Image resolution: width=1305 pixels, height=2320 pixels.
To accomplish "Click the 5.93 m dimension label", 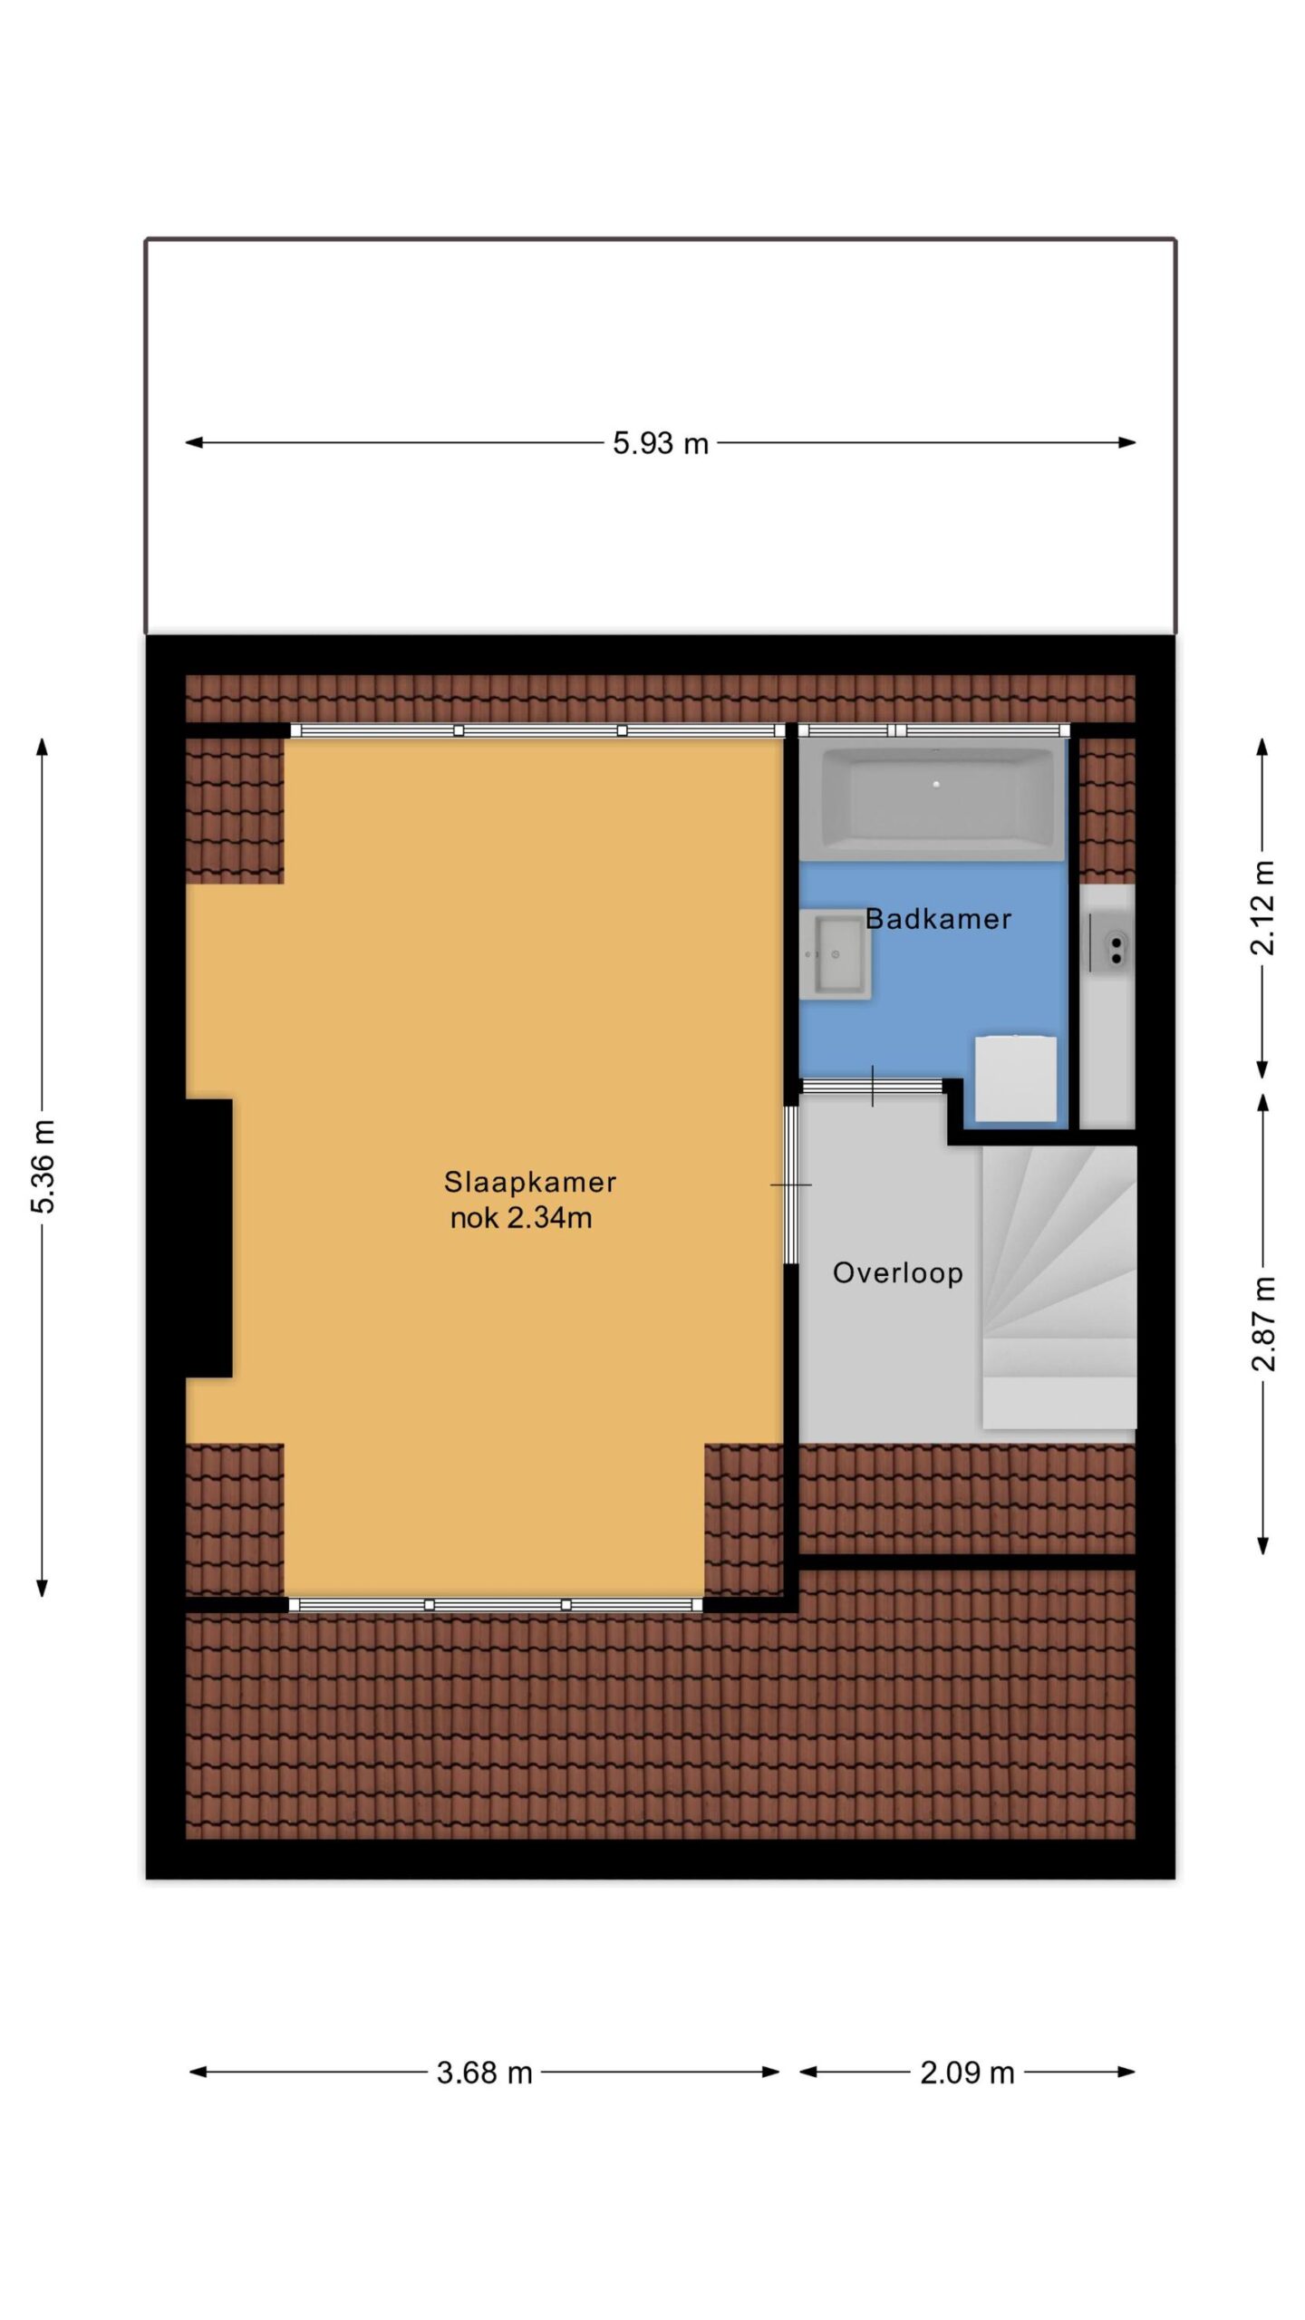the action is click(x=660, y=443).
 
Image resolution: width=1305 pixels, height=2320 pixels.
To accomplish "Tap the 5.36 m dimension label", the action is click(x=43, y=1166).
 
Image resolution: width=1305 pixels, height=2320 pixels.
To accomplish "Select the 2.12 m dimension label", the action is click(x=1262, y=908).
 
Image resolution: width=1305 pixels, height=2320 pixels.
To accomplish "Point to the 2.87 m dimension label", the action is click(x=1262, y=1323).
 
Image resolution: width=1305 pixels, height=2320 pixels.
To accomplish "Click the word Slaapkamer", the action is click(x=530, y=1182).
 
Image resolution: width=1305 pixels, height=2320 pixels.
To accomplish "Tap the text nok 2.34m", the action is click(x=521, y=1217).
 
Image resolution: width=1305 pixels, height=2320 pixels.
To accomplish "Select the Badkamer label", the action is click(x=938, y=919).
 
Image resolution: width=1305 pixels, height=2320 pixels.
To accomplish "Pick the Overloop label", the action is click(x=897, y=1273).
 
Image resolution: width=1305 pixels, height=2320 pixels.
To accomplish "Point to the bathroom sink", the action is click(x=836, y=954).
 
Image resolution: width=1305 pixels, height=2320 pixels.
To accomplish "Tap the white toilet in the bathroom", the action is click(x=1016, y=1078).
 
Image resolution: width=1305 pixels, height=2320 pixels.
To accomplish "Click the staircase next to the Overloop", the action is click(x=1058, y=1287).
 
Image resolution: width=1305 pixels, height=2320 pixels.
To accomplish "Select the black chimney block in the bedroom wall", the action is click(x=208, y=1238).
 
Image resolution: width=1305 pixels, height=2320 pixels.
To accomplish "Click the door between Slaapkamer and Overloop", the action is click(x=791, y=1184).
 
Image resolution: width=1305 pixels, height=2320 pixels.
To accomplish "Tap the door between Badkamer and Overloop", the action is click(x=873, y=1087).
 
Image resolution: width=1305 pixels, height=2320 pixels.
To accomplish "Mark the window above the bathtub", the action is click(x=933, y=730).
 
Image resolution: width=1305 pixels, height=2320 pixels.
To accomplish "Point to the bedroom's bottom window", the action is click(x=496, y=1605).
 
